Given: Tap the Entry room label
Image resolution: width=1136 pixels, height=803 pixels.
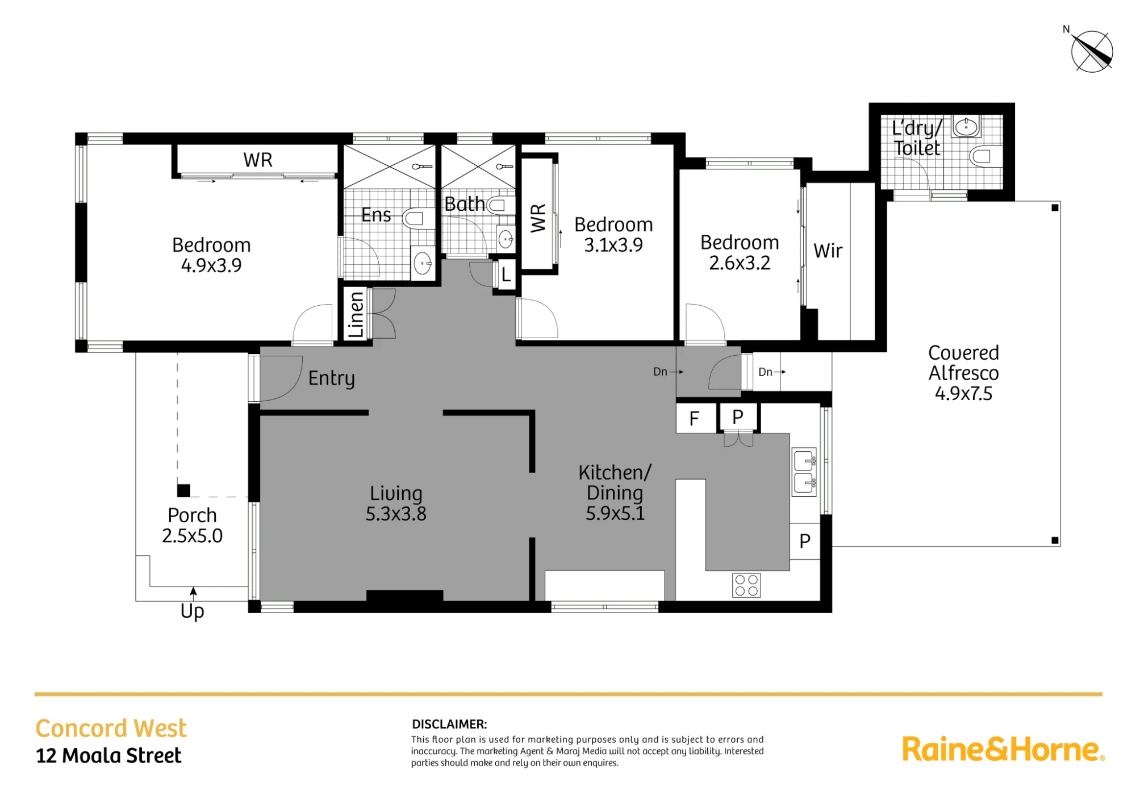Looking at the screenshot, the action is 332,378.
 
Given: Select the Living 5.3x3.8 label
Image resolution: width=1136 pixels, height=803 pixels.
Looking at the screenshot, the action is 396,504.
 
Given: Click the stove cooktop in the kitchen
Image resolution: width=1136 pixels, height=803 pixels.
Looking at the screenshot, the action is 746,585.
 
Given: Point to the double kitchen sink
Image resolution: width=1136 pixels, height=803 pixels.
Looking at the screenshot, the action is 804,472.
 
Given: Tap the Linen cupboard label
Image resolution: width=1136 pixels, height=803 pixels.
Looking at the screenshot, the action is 356,314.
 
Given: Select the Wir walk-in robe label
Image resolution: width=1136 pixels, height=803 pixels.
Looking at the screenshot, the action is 828,251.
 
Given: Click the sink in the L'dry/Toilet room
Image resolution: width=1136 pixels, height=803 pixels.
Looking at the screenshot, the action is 966,127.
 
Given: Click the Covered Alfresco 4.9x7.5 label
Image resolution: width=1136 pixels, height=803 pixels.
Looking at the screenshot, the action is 963,373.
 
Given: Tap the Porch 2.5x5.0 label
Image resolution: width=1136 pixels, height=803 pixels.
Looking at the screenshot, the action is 192,525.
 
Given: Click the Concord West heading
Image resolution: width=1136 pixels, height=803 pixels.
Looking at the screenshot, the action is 111,729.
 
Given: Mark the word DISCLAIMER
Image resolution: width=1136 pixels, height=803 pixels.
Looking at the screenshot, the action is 449,724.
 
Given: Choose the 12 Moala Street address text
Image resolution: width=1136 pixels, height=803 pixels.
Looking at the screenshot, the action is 108,756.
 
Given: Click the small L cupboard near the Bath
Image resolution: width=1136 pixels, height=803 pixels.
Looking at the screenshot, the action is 506,276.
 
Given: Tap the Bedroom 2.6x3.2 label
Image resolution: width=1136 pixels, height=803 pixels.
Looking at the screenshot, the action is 740,252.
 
